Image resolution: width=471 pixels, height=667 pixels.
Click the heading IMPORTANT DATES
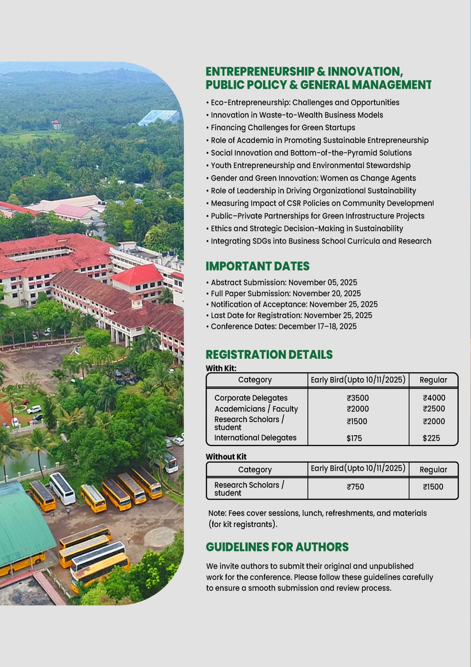(257, 266)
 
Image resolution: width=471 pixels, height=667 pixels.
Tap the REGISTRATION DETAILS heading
(269, 354)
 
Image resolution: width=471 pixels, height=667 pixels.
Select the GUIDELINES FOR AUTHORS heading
(277, 547)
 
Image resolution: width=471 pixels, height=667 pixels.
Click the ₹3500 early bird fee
(358, 398)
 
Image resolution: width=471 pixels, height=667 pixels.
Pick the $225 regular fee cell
(431, 438)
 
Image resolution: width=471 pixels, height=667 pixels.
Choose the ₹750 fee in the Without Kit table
(355, 487)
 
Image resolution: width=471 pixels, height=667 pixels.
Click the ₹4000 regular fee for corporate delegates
(434, 398)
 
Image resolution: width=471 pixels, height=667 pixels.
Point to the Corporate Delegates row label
(251, 398)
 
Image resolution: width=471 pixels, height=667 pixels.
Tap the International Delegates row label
(255, 437)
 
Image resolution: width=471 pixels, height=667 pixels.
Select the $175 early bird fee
(354, 438)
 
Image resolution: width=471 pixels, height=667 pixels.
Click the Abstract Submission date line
(284, 282)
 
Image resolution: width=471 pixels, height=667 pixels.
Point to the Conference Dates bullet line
(284, 326)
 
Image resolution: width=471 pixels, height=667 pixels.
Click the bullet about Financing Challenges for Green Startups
(283, 127)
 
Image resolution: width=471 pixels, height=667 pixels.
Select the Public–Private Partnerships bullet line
(317, 216)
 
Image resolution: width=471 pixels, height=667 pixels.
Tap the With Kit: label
(221, 368)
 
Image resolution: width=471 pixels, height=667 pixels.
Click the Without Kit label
(226, 457)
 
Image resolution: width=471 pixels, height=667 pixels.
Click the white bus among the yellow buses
(62, 488)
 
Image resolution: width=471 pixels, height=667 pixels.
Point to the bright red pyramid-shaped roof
(137, 274)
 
